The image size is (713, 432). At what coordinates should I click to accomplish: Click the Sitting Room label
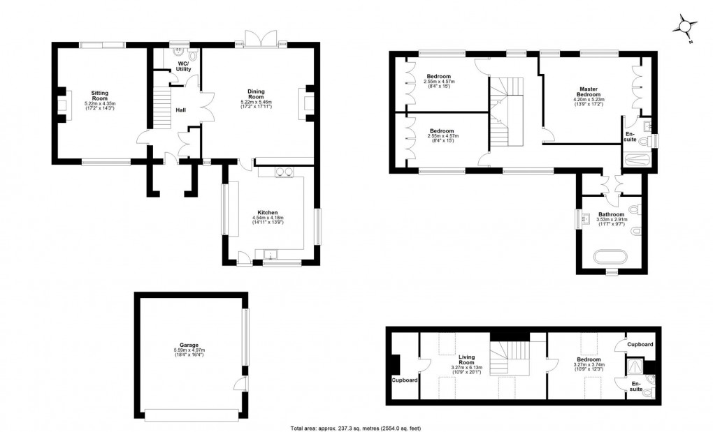coord(99,94)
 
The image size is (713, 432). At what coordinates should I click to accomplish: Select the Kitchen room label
coord(268,212)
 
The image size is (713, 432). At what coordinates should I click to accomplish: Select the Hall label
coord(180,110)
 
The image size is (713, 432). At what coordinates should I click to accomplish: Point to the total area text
coord(355,427)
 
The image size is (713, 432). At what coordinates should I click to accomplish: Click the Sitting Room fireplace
coord(61,105)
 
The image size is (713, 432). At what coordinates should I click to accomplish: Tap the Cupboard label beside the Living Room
coord(404,380)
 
